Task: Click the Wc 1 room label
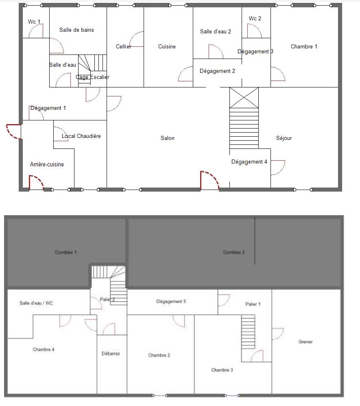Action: point(34,22)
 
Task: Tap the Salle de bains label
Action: point(76,30)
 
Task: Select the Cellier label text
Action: point(123,47)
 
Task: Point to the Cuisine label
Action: point(167,47)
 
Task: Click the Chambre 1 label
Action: point(304,47)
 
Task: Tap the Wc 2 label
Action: point(255,19)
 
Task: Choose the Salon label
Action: point(167,138)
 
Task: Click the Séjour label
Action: point(284,138)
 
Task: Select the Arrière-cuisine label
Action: point(47,164)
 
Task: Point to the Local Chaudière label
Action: point(81,136)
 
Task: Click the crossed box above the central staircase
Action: point(244,98)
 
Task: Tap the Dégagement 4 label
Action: point(249,162)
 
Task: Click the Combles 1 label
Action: point(66,253)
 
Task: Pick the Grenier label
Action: point(305,342)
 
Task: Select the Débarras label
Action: point(111,354)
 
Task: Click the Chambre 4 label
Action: point(44,350)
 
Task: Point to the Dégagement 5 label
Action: point(171,302)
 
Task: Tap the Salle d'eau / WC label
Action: point(36,303)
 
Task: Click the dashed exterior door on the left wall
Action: point(13,131)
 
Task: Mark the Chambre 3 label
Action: point(222,370)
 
